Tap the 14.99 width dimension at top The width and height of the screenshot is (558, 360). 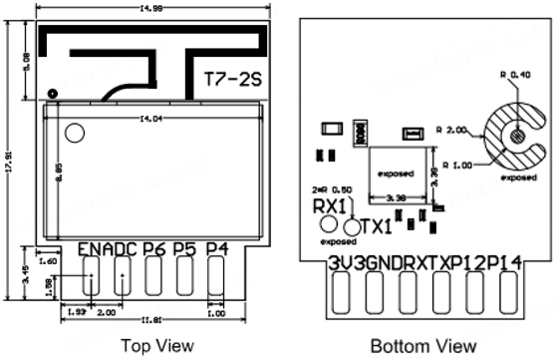[153, 9]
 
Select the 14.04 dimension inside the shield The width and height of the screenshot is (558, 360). [151, 120]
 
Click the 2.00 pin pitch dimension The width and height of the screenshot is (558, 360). [108, 312]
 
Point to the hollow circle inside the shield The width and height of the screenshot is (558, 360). [75, 132]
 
